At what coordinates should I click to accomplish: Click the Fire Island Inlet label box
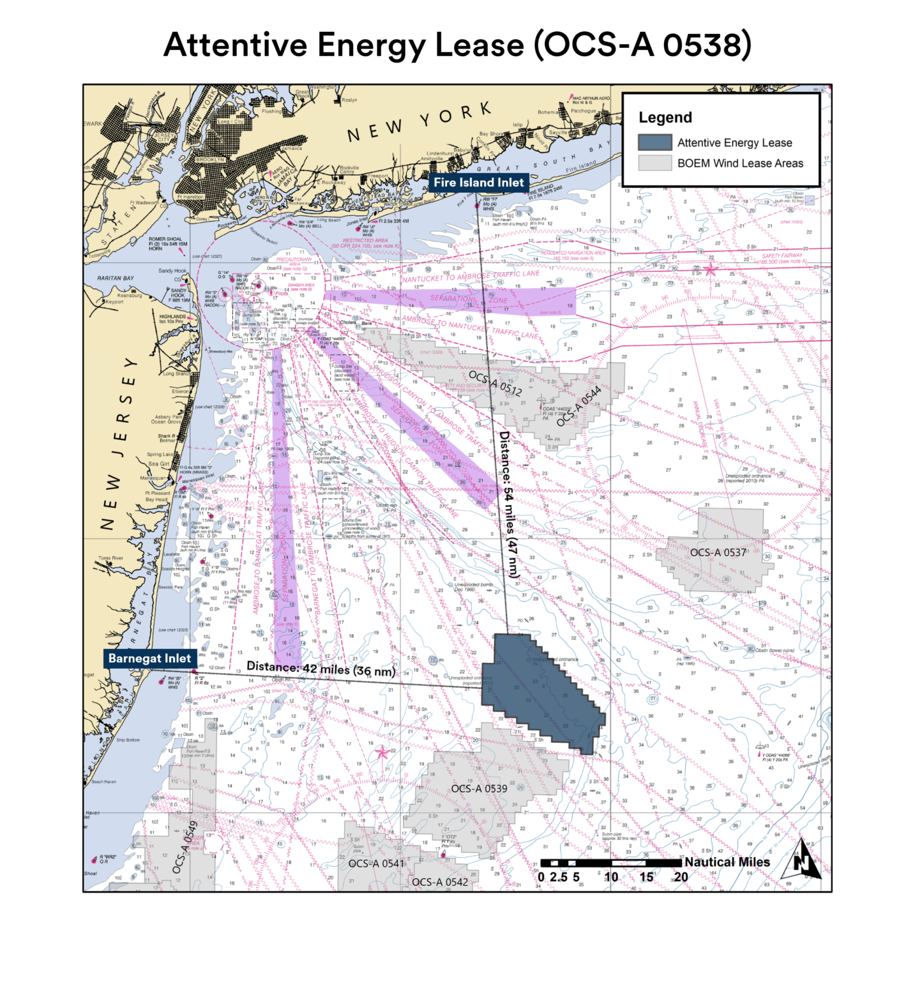(x=478, y=183)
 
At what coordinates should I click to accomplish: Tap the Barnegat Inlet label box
(x=149, y=658)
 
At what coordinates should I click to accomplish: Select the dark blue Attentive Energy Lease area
(x=543, y=690)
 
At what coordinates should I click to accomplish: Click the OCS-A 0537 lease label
(x=718, y=552)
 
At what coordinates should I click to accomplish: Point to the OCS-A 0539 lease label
(x=479, y=789)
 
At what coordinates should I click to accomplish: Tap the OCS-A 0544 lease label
(x=578, y=406)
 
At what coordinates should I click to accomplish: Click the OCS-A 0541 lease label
(x=376, y=863)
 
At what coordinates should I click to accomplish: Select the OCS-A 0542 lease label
(x=440, y=882)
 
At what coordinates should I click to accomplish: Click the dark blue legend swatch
(x=654, y=142)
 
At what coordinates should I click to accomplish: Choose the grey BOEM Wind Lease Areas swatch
(x=654, y=163)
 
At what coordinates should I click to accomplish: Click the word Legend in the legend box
(x=665, y=118)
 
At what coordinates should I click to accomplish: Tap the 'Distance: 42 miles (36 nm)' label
(x=321, y=668)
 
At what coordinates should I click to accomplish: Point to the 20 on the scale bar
(x=681, y=877)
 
